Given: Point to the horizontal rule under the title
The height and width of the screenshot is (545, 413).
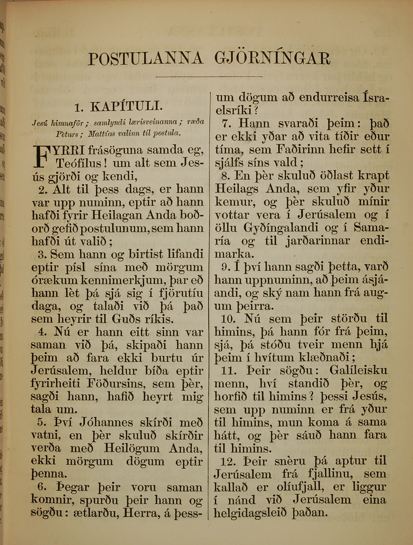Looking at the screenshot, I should tap(209, 77).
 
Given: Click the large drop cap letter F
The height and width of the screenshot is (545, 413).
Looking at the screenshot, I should tap(42, 156).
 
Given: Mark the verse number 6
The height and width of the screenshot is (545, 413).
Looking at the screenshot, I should tap(42, 487).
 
